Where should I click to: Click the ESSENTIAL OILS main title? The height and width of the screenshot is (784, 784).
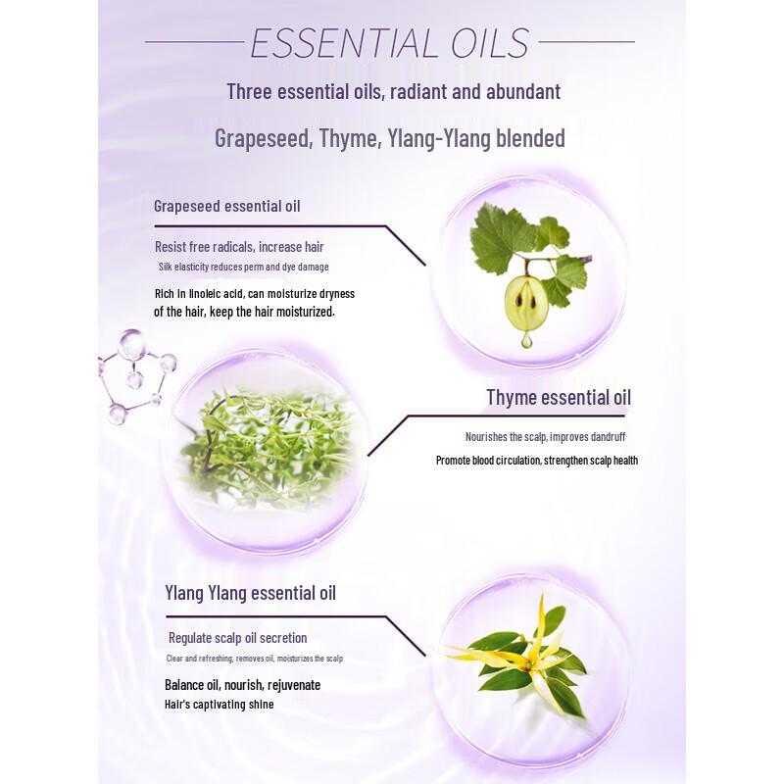pyautogui.click(x=390, y=43)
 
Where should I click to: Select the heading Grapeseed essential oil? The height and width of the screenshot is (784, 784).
pyautogui.click(x=227, y=206)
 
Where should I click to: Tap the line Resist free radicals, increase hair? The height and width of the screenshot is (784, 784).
pyautogui.click(x=239, y=247)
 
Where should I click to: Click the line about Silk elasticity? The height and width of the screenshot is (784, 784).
pyautogui.click(x=243, y=268)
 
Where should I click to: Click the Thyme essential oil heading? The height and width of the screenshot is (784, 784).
pyautogui.click(x=559, y=397)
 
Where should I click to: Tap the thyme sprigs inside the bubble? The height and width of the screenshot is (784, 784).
pyautogui.click(x=265, y=446)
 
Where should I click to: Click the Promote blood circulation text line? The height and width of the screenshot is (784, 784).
pyautogui.click(x=537, y=460)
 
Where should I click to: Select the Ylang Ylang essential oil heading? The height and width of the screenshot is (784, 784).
pyautogui.click(x=251, y=594)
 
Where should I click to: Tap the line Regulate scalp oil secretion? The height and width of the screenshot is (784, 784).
pyautogui.click(x=238, y=638)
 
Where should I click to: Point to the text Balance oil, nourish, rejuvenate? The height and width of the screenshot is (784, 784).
pyautogui.click(x=242, y=685)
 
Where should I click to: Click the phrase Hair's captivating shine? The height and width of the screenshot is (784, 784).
pyautogui.click(x=220, y=705)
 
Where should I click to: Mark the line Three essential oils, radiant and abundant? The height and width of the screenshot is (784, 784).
pyautogui.click(x=393, y=92)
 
